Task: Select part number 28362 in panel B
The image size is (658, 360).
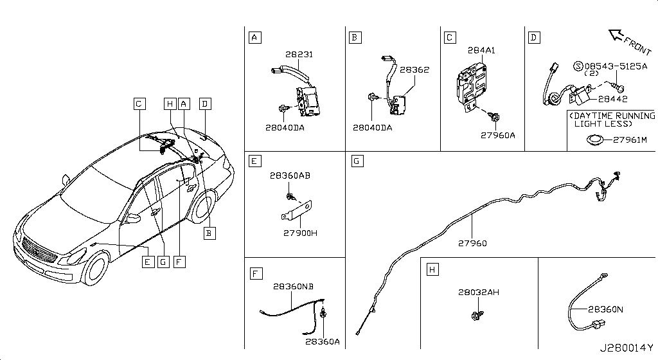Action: point(414,70)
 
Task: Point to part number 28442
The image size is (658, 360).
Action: point(612,99)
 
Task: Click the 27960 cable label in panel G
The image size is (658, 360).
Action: point(472,243)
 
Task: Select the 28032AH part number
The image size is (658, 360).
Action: point(479,292)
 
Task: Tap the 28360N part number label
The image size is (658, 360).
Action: point(605,309)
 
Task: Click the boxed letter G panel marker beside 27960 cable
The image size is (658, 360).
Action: point(357,160)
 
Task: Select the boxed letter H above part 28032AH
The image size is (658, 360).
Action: point(432,270)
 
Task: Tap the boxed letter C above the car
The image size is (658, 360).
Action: point(139,103)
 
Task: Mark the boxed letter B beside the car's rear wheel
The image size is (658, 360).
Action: point(208,233)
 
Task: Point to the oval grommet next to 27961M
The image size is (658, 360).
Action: point(594,139)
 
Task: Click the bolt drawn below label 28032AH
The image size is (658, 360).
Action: point(477,316)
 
